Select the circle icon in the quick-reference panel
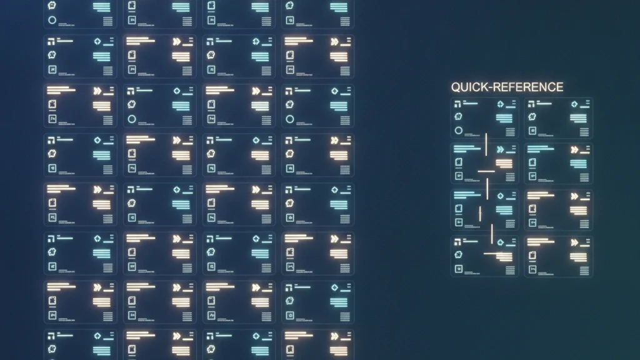[458, 131]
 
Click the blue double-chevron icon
[501, 150]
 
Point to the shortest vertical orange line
[480, 214]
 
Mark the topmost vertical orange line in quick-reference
[486, 144]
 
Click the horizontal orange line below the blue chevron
[486, 171]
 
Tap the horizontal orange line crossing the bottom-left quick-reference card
[493, 254]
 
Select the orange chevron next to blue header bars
[574, 150]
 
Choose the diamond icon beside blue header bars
[501, 196]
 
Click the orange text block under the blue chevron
[504, 164]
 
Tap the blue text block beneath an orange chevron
[578, 164]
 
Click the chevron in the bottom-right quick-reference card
[574, 242]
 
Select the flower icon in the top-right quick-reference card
[532, 117]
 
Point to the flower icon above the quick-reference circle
[458, 117]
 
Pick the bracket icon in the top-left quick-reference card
[457, 104]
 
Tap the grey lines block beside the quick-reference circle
[510, 132]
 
